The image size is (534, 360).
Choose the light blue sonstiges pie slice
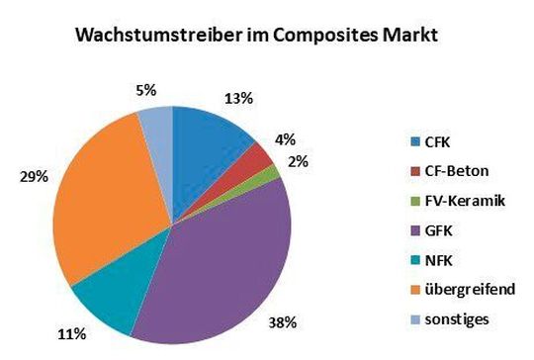(x=157, y=124)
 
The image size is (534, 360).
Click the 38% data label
(x=283, y=322)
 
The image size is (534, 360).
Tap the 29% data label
(x=34, y=177)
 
